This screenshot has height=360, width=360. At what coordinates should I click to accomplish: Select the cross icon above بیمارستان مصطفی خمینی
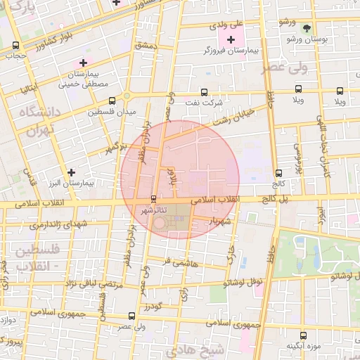tap(83, 63)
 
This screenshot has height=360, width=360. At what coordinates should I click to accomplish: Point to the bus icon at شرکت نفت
tap(204, 92)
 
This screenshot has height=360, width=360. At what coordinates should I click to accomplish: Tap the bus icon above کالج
tap(279, 173)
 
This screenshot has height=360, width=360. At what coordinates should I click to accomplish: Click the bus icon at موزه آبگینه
tap(303, 336)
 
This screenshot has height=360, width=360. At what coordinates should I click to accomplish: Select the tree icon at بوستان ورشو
tap(306, 28)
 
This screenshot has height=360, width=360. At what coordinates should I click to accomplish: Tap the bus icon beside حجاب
tap(16, 46)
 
